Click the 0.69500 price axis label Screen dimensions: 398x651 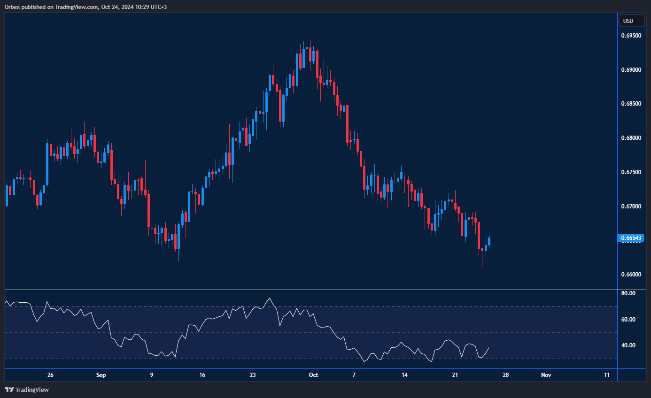pos(631,35)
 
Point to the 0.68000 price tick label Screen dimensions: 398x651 pos(631,138)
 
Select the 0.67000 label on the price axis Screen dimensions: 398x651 pos(631,207)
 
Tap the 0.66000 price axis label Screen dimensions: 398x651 pos(631,275)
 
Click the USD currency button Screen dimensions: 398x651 pos(628,21)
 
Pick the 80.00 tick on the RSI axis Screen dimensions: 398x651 pos(628,293)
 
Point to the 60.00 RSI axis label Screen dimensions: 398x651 pos(628,320)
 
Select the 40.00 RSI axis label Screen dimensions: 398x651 pos(628,345)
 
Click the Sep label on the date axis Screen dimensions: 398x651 pos(101,375)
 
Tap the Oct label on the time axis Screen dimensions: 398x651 pos(313,375)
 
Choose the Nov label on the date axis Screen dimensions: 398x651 pos(546,375)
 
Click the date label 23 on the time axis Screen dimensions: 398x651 pos(253,375)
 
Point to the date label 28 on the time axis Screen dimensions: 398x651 pos(505,375)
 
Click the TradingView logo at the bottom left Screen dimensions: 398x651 pos(27,390)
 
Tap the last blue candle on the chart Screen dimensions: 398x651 pos(489,241)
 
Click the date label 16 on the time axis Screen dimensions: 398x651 pos(202,375)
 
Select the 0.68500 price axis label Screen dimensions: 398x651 pos(631,104)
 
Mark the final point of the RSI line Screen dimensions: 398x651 pos(489,348)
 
